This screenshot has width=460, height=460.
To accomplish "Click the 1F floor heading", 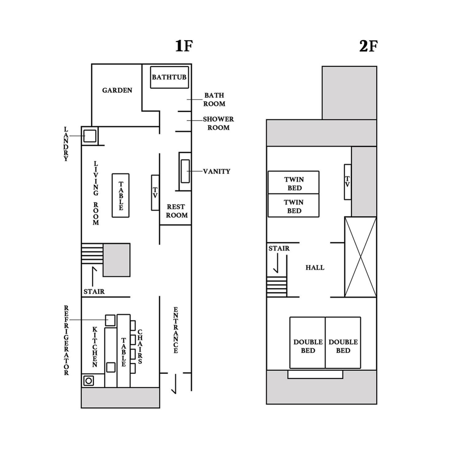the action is tap(184, 46).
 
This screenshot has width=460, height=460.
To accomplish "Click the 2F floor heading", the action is tap(368, 46).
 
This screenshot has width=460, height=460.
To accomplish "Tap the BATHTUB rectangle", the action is tap(169, 77).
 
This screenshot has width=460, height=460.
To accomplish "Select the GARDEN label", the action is tap(117, 90).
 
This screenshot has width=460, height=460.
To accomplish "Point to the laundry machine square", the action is tap(90, 136).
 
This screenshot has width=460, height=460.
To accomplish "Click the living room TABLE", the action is tap(121, 195).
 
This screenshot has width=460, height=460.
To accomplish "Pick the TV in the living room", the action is tap(155, 193).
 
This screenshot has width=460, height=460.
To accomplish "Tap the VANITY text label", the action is tap(217, 171).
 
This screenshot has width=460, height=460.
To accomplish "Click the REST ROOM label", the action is tap(176, 211).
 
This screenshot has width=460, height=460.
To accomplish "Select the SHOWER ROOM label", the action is tap(218, 123).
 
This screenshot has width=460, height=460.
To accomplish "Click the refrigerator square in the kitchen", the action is tap(110, 320).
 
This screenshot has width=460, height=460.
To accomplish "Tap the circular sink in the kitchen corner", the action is tap(89, 381).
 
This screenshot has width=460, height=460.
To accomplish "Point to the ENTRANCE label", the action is tap(176, 330).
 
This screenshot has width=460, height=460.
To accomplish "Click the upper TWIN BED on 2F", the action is tap(294, 183).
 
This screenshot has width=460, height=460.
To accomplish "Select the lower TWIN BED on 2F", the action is tap(294, 206).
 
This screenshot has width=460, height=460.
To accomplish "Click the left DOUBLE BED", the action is tap(307, 343).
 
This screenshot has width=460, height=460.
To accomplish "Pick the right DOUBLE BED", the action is tap(343, 343).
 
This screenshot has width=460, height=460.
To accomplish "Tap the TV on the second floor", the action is tap(348, 182).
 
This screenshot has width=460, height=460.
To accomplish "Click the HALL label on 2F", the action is tap(315, 268).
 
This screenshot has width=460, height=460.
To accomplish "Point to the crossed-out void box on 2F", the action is tap(361, 257).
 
